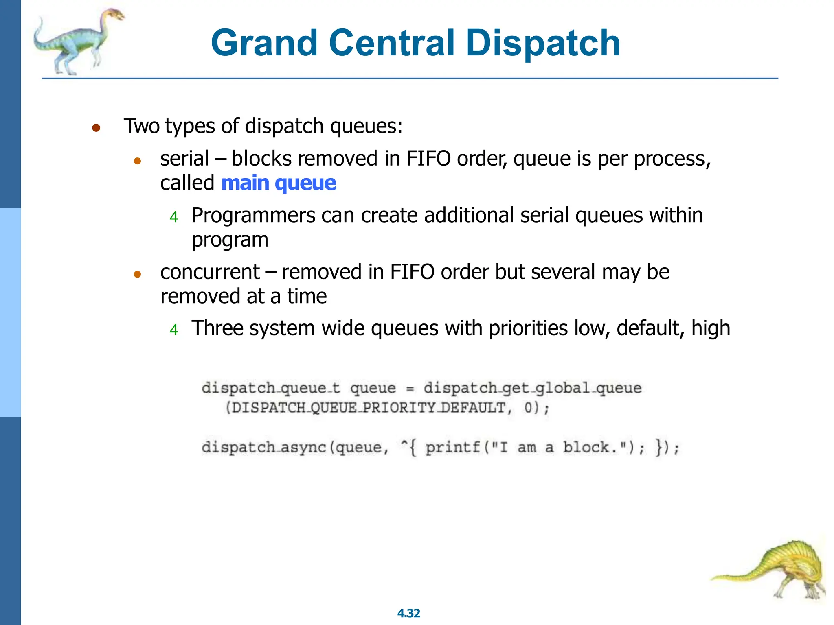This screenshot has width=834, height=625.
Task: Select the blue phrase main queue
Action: [279, 183]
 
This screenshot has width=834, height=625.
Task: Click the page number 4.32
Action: [408, 613]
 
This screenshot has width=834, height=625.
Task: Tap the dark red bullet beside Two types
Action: [96, 128]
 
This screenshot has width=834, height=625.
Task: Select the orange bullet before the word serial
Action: [137, 161]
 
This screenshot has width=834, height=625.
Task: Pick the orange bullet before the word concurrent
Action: [137, 275]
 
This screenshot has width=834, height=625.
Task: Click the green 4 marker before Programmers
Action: [174, 217]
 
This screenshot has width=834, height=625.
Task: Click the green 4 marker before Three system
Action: [174, 330]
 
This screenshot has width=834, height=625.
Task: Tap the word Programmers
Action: [253, 215]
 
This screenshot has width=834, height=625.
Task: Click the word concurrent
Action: [210, 272]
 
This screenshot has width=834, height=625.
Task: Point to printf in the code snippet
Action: [453, 448]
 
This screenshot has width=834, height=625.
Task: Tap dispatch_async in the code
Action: [264, 448]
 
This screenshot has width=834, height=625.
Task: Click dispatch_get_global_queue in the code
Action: [532, 388]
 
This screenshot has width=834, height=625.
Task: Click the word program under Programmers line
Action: [230, 240]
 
